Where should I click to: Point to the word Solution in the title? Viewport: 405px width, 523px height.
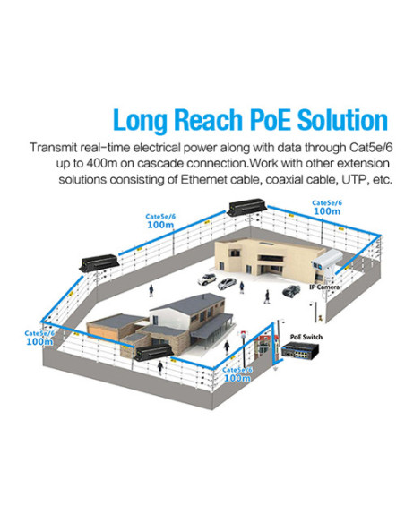(342, 119)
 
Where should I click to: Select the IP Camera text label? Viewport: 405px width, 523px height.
(324, 287)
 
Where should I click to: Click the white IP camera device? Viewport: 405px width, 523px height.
(327, 261)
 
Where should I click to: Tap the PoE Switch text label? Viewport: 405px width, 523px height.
(306, 337)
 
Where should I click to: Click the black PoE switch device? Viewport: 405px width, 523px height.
(300, 350)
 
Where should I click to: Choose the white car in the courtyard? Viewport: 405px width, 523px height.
(207, 279)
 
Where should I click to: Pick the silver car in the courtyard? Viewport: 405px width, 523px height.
(227, 284)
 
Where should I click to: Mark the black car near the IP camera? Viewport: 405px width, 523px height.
(291, 290)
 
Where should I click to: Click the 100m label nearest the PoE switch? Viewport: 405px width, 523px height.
(237, 378)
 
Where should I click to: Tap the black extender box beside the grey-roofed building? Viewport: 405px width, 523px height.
(153, 352)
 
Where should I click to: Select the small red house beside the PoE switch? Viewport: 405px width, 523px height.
(262, 347)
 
